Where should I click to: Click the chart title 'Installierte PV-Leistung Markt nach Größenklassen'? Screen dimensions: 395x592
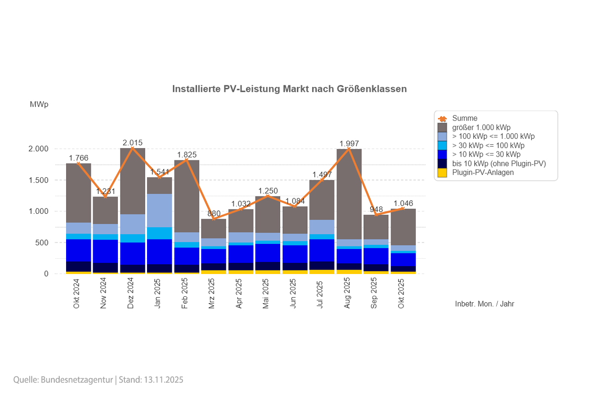[289, 89]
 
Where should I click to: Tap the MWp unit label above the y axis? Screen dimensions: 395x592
[39, 105]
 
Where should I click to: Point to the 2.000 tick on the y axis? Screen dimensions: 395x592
[38, 149]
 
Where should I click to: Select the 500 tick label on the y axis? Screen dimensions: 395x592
[41, 243]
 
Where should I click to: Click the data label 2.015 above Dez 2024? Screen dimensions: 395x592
[133, 143]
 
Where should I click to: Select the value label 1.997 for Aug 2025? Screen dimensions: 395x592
[349, 144]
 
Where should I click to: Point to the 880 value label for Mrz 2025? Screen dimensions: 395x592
[214, 214]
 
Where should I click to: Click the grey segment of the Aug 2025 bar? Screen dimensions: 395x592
[349, 193]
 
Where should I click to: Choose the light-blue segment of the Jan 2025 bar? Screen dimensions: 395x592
[159, 210]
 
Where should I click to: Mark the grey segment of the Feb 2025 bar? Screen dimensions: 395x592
[186, 196]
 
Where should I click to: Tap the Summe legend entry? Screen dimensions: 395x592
[464, 118]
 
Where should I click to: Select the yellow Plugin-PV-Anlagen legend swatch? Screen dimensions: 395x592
[443, 172]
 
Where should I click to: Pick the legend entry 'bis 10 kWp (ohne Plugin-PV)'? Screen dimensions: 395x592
[498, 163]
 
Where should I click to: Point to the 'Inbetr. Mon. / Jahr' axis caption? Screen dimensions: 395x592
[484, 304]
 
